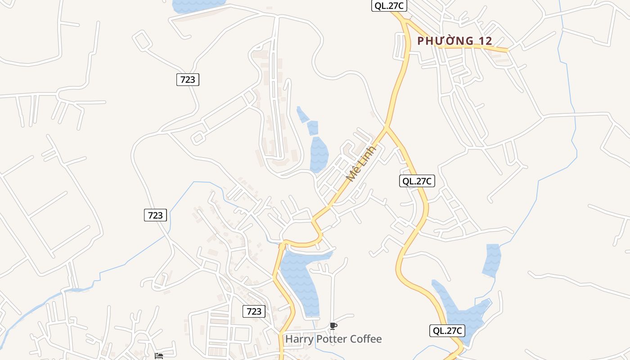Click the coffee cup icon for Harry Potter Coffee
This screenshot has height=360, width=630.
(x=333, y=326)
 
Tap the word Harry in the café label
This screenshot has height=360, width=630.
(x=299, y=339)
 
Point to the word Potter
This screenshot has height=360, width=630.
(x=332, y=339)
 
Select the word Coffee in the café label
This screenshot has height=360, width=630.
(x=366, y=339)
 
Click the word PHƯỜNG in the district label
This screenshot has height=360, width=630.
(x=445, y=41)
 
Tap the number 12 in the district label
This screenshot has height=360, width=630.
(x=486, y=41)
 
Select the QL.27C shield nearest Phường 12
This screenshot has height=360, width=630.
(x=389, y=6)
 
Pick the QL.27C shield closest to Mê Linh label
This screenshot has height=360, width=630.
(x=417, y=181)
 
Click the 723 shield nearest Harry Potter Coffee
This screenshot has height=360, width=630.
(x=254, y=311)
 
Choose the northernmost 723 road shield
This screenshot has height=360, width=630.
(x=187, y=80)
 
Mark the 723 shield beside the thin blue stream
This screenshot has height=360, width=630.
(x=155, y=215)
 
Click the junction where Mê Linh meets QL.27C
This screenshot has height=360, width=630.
(x=386, y=128)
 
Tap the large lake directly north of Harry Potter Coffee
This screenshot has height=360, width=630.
(x=299, y=279)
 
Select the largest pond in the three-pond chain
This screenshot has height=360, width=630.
(x=319, y=154)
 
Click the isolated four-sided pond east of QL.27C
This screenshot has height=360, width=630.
(x=492, y=260)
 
